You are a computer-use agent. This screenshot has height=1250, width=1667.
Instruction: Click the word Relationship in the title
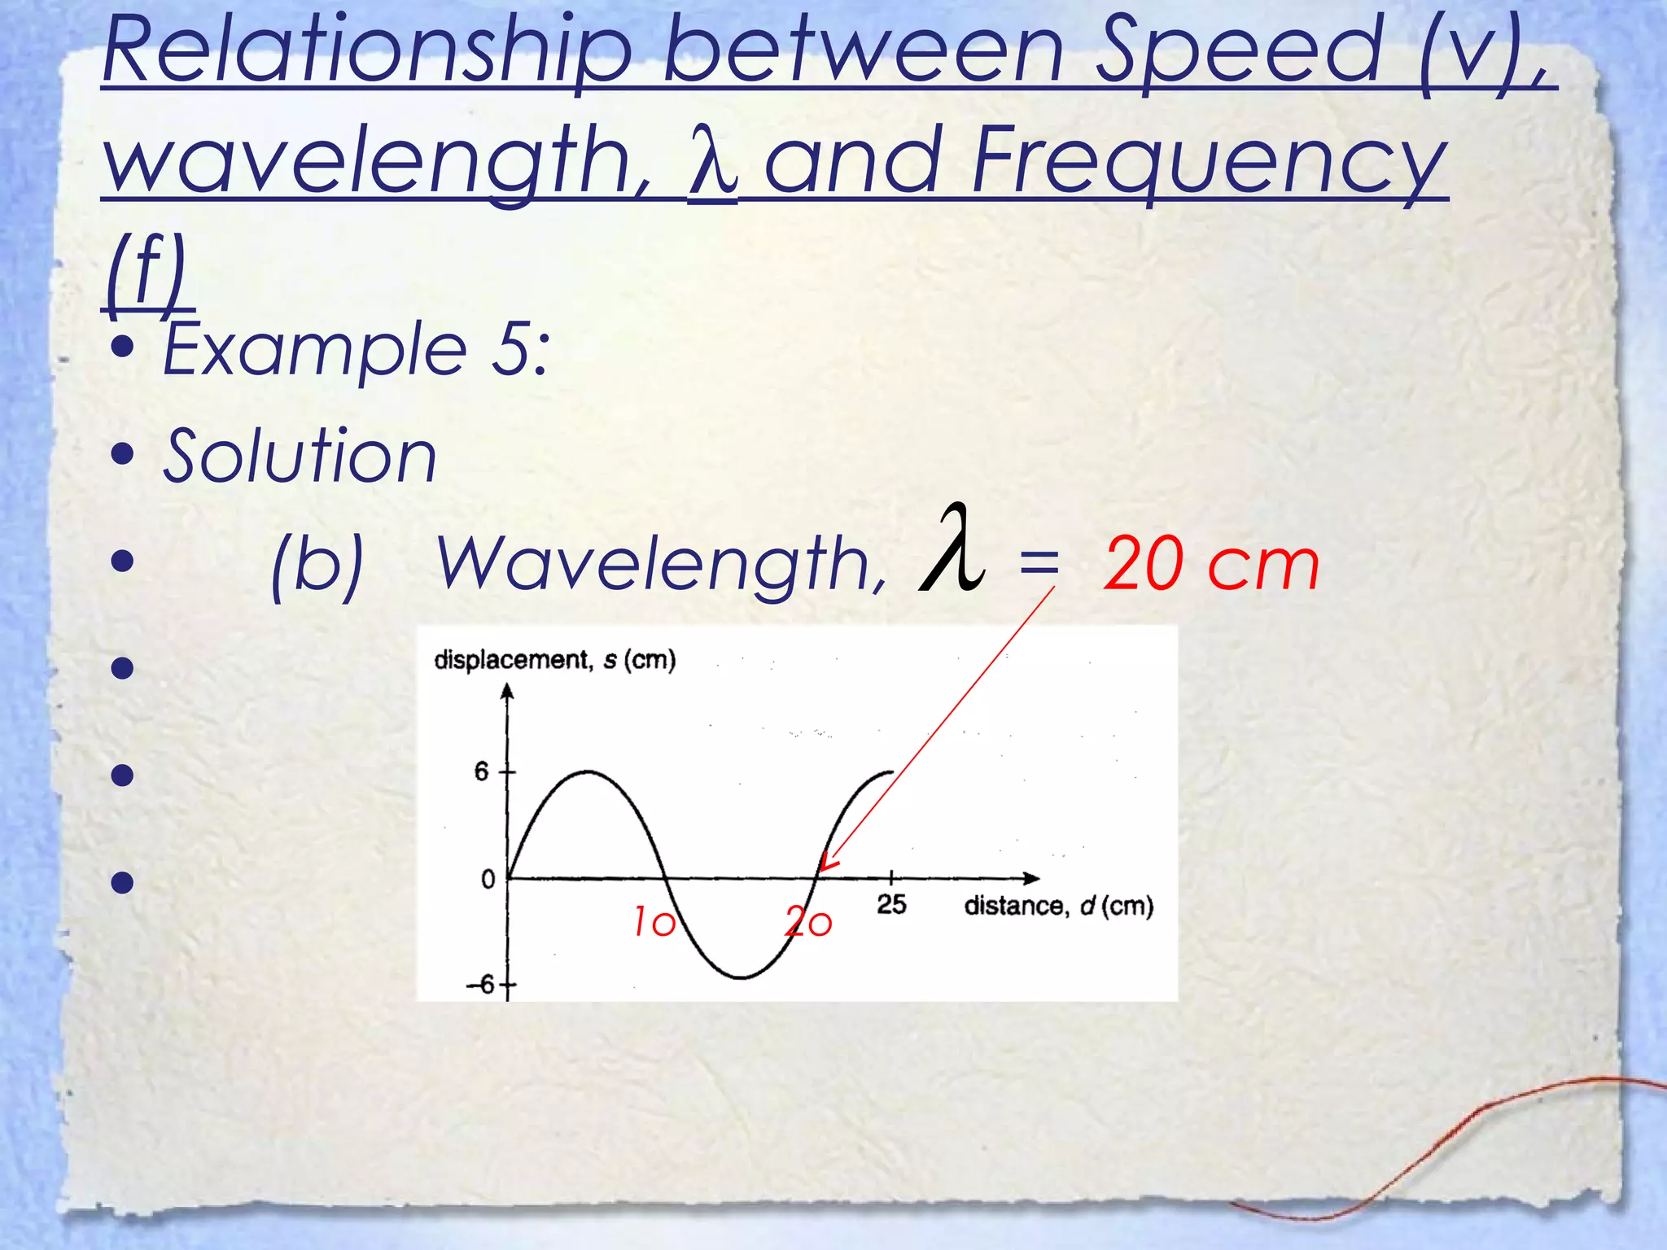(366, 53)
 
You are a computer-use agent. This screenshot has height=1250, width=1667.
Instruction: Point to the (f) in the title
(147, 273)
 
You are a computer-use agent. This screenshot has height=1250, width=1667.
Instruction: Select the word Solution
(300, 457)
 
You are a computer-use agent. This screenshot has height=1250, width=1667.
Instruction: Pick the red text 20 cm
(1210, 565)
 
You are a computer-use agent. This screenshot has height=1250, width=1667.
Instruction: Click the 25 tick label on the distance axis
(891, 904)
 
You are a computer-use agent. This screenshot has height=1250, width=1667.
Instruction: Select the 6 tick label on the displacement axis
(482, 771)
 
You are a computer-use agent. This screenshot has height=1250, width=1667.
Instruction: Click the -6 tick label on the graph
(480, 985)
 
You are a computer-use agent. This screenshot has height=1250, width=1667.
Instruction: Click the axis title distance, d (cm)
(1058, 906)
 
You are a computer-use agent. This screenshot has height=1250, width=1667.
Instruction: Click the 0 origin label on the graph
(488, 880)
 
